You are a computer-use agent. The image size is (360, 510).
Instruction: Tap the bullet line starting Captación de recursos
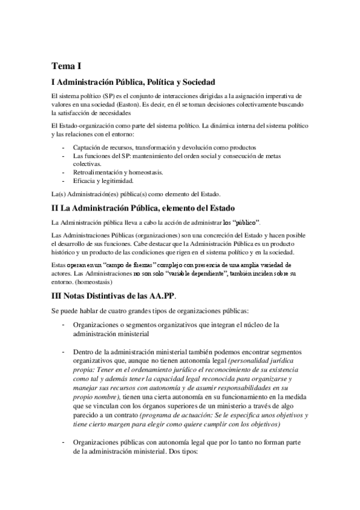156,147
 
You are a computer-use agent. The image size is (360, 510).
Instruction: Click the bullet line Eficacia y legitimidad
103,180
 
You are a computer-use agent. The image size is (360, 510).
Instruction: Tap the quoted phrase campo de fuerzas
130,264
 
